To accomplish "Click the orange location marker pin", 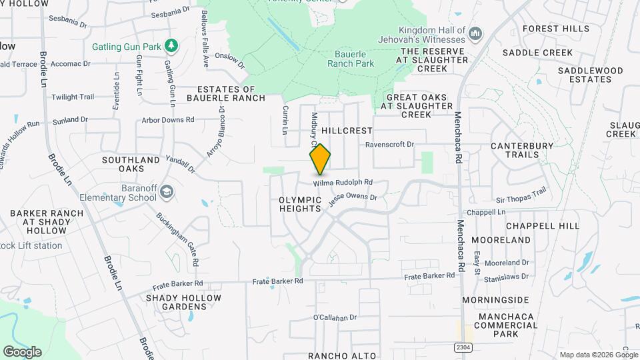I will point(320,159).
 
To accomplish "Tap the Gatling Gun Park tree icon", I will point(172,45).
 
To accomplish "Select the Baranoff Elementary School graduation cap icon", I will point(166,193).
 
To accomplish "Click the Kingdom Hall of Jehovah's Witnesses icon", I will point(475,33).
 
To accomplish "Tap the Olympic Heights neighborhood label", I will point(300,204).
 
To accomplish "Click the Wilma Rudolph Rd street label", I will point(343,182).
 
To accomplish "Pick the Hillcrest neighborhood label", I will point(346,131).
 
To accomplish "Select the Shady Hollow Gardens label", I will point(176,302).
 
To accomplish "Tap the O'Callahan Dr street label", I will point(335,317).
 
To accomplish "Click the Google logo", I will point(22,351).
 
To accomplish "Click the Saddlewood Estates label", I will point(590,75).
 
